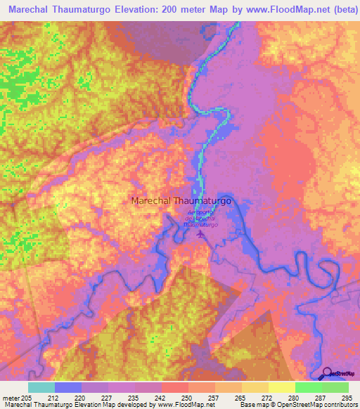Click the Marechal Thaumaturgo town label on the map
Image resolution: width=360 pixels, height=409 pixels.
click(181, 200)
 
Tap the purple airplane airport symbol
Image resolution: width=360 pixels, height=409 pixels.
click(202, 234)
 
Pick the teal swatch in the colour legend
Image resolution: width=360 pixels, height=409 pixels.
click(41, 387)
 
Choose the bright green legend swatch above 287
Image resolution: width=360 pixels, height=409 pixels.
click(309, 387)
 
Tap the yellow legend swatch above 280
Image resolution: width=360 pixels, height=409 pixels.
click(282, 387)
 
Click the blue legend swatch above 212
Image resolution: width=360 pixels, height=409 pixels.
click(67, 387)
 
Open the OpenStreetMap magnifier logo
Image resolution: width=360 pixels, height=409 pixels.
click(327, 372)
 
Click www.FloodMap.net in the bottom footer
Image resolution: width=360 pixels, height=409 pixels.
click(184, 405)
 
